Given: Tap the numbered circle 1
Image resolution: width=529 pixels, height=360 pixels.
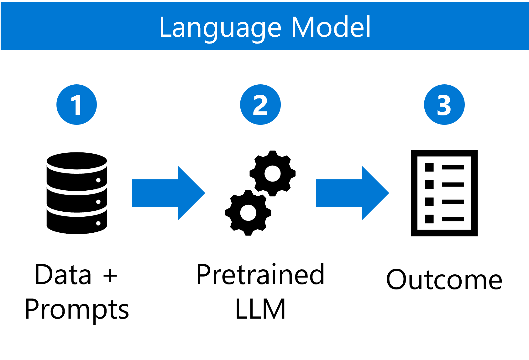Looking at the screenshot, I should (77, 105).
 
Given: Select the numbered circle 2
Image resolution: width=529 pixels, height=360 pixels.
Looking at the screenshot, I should (260, 105).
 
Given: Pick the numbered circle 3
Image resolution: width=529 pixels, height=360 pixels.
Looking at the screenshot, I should (444, 105).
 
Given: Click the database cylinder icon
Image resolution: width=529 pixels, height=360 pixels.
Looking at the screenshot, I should (77, 193).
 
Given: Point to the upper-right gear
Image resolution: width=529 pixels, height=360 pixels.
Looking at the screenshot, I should (272, 174).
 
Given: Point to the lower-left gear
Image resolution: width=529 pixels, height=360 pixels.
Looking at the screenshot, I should (248, 213).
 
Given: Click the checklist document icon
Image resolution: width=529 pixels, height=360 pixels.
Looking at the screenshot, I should (444, 193).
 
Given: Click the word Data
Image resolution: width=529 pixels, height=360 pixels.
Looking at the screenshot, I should (63, 275).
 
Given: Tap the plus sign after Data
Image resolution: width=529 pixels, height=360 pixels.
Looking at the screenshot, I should (110, 276).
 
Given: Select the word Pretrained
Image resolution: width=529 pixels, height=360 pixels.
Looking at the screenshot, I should (260, 275).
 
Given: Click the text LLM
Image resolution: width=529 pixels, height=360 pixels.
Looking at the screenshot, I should (260, 309).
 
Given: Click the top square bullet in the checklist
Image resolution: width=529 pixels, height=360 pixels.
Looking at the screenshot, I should (429, 167).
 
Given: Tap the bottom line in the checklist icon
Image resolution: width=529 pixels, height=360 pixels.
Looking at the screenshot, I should (453, 219).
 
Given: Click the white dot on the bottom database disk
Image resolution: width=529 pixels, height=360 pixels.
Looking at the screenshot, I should (98, 223).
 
